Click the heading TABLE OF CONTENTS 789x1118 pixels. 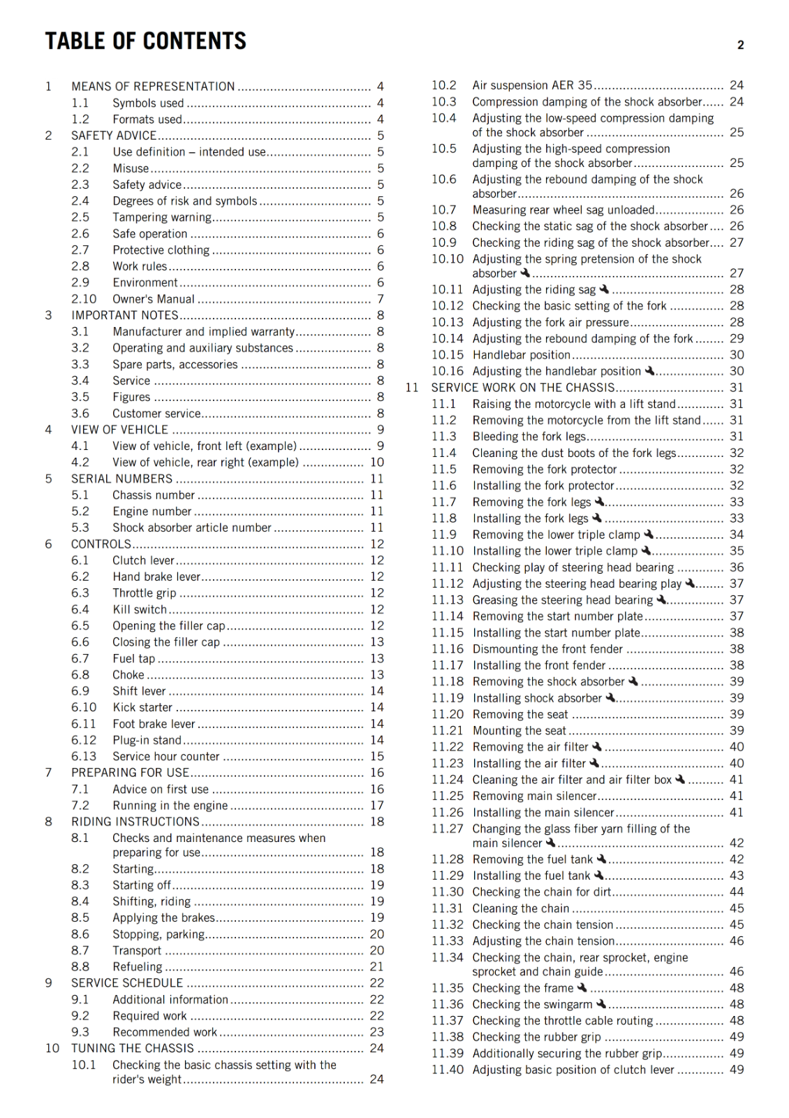coord(146,41)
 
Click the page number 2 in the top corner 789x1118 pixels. coord(740,45)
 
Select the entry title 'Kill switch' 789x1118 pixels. coord(140,609)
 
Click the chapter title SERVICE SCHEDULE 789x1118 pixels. coord(127,982)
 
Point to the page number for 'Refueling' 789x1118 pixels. coord(376,966)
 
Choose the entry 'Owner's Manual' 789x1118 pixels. coord(154,299)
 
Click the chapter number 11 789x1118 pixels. coord(412,388)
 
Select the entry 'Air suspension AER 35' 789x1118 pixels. coord(532,85)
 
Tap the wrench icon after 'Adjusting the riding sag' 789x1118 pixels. coord(605,289)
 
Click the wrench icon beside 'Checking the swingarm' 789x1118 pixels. coord(601,1003)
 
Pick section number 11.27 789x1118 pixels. coord(447,829)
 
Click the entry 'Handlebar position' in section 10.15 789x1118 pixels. coord(522,355)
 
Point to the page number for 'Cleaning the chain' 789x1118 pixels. coord(737,908)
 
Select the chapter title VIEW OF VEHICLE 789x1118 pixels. coord(119,430)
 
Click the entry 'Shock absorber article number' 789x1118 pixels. coord(192,528)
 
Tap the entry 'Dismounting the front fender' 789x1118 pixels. coord(547,649)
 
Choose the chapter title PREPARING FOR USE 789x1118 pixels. coord(130,773)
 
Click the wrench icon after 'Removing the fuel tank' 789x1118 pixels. coord(600,858)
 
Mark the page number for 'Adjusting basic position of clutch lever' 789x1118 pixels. coord(737,1070)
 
